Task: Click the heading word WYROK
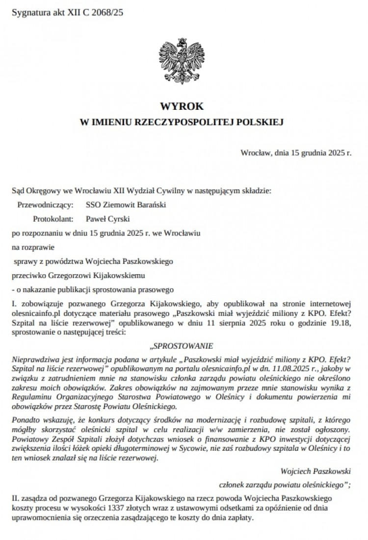pos(184,105)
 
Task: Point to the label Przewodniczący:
pos(46,205)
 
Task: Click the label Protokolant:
pos(53,218)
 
